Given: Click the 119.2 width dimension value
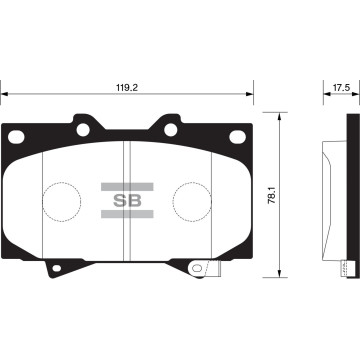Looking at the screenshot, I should coord(126,87).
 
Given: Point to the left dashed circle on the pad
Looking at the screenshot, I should coord(64,201).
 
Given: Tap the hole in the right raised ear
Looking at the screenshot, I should coord(169,129).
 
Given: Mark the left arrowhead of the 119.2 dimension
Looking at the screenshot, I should coord(4,96).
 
